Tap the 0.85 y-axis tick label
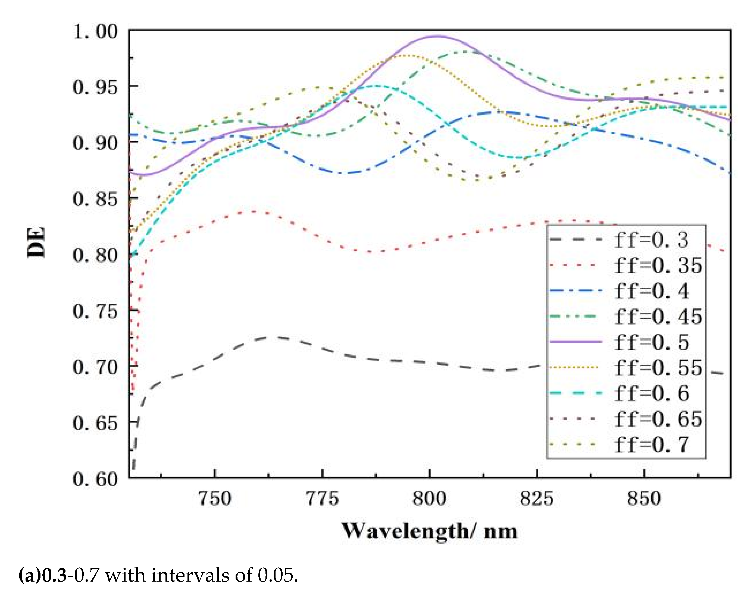[x=95, y=199]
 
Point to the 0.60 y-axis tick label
[x=95, y=479]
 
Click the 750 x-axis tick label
[x=215, y=499]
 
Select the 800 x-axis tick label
[x=429, y=499]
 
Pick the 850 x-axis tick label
[x=644, y=499]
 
